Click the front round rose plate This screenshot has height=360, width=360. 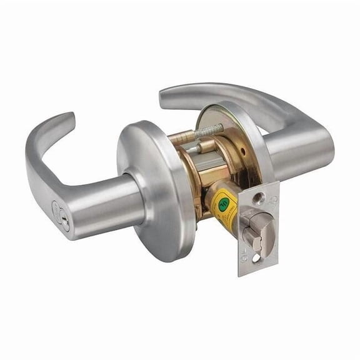[x=153, y=187]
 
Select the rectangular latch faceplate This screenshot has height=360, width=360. [x=257, y=228]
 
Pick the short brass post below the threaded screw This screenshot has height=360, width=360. [x=199, y=148]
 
